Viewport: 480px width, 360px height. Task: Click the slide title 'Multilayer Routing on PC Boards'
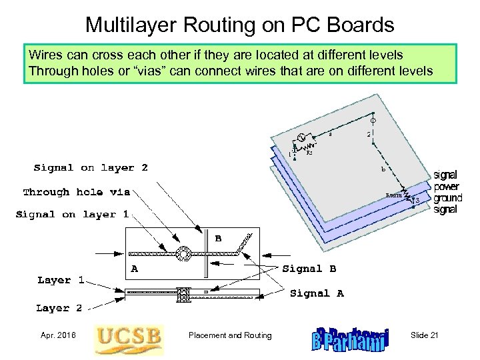[x=240, y=25]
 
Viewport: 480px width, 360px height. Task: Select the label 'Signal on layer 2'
[x=91, y=168]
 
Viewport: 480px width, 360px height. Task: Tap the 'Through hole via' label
[x=77, y=192]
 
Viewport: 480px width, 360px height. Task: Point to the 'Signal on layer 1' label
[x=72, y=215]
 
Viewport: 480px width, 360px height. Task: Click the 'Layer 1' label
[x=61, y=280]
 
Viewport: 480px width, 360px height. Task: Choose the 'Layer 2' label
[x=59, y=308]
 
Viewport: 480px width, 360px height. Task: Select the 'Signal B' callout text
[x=310, y=269]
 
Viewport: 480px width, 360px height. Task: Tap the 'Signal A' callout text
[x=317, y=293]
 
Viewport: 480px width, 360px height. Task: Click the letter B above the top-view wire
[x=217, y=237]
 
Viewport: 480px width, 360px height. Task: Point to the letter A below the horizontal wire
[x=135, y=269]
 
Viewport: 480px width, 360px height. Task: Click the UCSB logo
[x=128, y=339]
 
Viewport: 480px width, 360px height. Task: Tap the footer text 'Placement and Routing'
[x=230, y=335]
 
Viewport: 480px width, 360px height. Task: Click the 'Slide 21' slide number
[x=425, y=335]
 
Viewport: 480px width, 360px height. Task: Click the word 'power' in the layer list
[x=446, y=187]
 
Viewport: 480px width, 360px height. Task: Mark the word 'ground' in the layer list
[x=447, y=199]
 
